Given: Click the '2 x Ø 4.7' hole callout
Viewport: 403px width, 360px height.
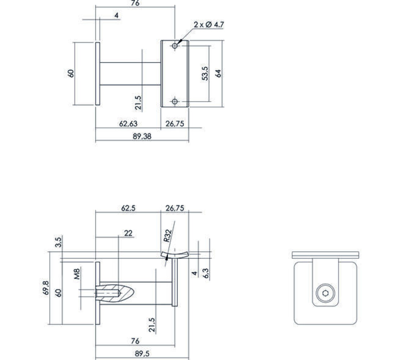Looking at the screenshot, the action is click(x=209, y=25).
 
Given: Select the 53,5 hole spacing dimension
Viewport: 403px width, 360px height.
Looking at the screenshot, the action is click(x=205, y=73).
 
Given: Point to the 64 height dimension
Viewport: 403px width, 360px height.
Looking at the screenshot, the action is click(x=218, y=73).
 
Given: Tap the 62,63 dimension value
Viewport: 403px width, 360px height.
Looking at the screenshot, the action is click(x=128, y=124).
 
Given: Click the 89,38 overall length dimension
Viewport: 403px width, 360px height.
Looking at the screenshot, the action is click(x=142, y=136).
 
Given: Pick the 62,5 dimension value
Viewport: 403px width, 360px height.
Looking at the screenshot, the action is click(x=128, y=208).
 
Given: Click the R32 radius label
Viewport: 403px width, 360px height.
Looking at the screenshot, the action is click(x=167, y=236).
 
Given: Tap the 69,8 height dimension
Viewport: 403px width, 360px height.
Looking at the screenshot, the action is click(x=46, y=288).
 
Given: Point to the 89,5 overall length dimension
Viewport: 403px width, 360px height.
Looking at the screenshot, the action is click(x=142, y=354).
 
